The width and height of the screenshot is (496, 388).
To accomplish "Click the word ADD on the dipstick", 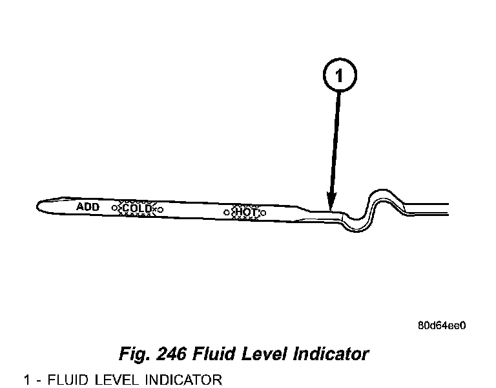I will (87, 207).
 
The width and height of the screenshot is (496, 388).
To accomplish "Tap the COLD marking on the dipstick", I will (137, 208).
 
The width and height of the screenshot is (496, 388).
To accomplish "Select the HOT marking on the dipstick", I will (246, 211).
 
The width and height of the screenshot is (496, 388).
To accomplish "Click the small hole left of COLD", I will (115, 208).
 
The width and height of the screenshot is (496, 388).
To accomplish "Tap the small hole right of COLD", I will (160, 210).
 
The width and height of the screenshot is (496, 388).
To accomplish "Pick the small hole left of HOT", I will (227, 211).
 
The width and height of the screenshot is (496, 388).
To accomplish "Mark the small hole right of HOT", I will (263, 212).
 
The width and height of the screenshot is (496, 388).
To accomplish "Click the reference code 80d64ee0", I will (441, 325).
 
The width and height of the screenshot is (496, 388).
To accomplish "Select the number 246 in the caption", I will (170, 354).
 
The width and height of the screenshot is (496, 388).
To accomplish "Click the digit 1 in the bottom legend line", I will (27, 379).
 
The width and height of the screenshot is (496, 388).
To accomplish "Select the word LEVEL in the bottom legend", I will (119, 379).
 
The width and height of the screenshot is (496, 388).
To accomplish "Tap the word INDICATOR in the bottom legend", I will (183, 379).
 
